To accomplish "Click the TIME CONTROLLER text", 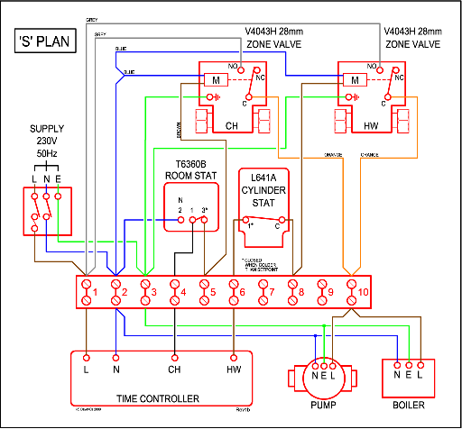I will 158,397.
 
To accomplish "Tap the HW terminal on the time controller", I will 235,369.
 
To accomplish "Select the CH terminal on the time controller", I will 174,369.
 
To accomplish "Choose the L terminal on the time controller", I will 87,369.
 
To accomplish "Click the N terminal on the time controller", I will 116,369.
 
